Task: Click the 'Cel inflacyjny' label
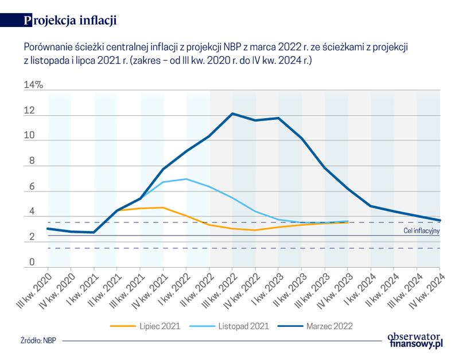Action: click(x=420, y=230)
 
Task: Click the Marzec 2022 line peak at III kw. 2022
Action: click(x=232, y=114)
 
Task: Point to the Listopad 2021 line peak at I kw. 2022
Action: click(x=186, y=179)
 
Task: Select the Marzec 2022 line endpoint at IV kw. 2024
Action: click(x=439, y=221)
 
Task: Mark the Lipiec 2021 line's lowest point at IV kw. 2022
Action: click(x=255, y=230)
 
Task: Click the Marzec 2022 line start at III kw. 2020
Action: click(x=48, y=229)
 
